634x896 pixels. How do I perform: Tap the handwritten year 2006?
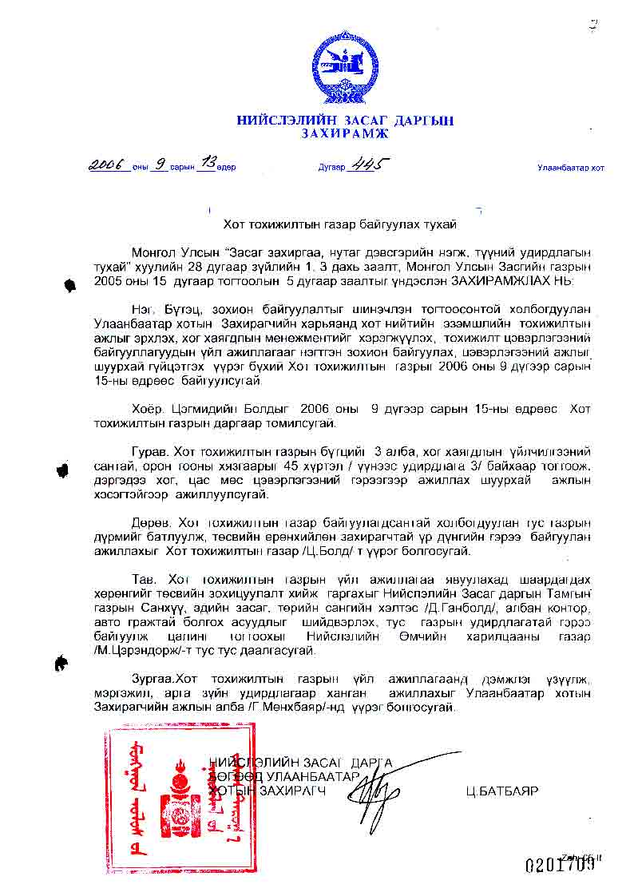pyautogui.click(x=109, y=165)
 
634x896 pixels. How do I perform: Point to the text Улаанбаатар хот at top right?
pyautogui.click(x=570, y=168)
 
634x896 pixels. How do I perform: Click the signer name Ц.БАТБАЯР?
pyautogui.click(x=502, y=791)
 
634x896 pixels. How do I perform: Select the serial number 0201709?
pyautogui.click(x=560, y=865)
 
